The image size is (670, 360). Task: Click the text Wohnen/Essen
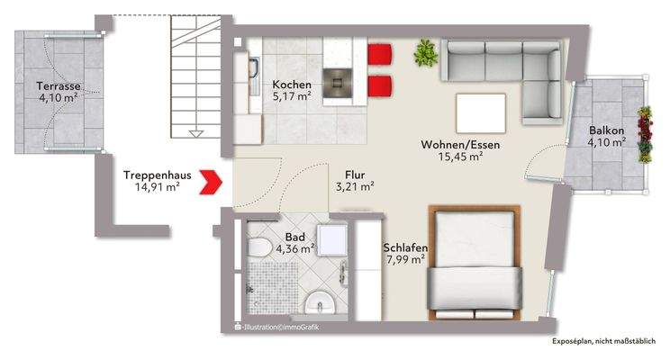tap(460, 145)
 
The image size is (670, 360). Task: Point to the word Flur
tap(354, 175)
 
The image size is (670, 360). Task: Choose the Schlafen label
tap(404, 248)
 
